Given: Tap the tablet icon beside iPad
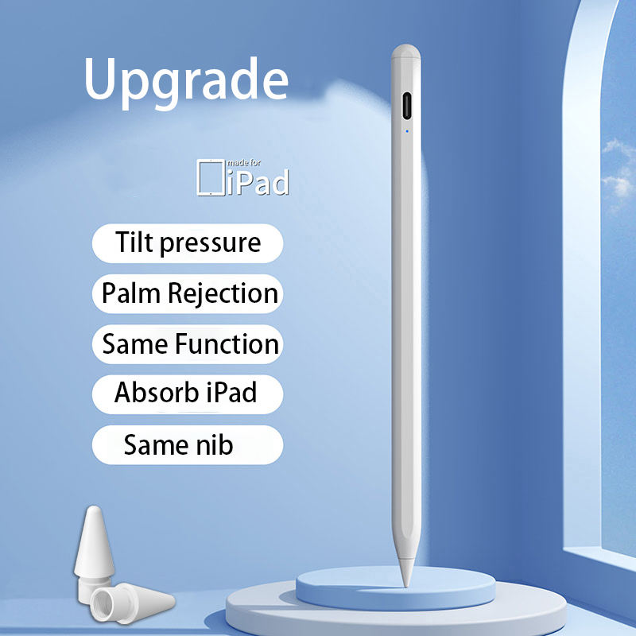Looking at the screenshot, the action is pyautogui.click(x=211, y=177).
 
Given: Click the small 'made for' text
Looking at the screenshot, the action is pyautogui.click(x=244, y=163).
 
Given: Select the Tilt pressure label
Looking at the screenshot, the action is pyautogui.click(x=188, y=243).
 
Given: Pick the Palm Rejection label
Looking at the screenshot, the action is pyautogui.click(x=188, y=293).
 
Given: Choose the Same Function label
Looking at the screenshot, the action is pyautogui.click(x=188, y=344).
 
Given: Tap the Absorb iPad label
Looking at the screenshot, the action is pyautogui.click(x=188, y=394).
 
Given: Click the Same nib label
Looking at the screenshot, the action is pyautogui.click(x=188, y=444).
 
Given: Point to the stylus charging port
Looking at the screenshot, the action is pyautogui.click(x=406, y=106).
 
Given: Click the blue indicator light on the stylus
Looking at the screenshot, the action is pyautogui.click(x=407, y=131).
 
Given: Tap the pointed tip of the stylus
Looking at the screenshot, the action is pyautogui.click(x=406, y=586).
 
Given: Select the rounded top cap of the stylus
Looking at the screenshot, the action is pyautogui.click(x=405, y=52).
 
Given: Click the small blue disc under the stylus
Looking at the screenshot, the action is pyautogui.click(x=395, y=588).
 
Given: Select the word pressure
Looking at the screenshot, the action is pyautogui.click(x=210, y=243).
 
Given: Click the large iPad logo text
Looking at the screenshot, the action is pyautogui.click(x=258, y=183).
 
